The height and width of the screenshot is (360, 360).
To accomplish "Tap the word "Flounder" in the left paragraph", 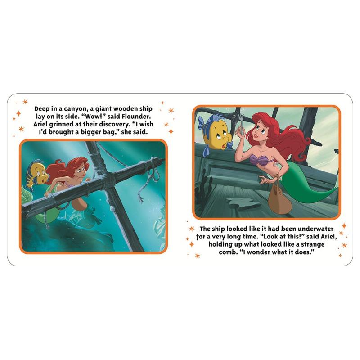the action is (136, 117).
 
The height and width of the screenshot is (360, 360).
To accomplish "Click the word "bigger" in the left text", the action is (92, 132).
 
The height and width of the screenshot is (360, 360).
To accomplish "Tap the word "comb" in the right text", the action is (227, 252).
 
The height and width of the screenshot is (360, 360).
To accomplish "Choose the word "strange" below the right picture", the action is (313, 244).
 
